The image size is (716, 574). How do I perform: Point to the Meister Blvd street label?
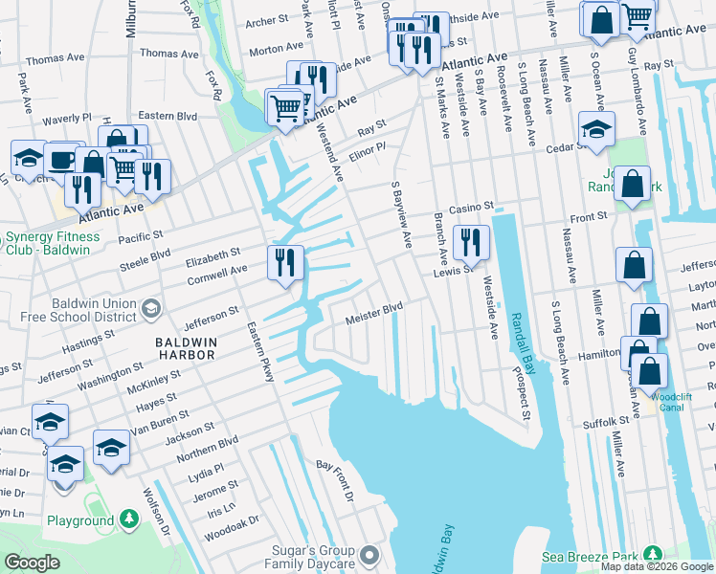point(373,312)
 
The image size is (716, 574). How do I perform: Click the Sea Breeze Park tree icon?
point(654,554)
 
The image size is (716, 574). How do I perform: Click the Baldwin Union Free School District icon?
point(150,307)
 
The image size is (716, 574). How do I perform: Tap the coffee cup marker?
point(63,160)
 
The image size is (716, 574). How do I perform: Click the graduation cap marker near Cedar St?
point(596,129)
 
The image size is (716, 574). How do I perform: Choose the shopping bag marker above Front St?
point(633,184)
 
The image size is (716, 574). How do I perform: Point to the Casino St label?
point(470,207)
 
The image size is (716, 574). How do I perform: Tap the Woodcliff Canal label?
point(678,401)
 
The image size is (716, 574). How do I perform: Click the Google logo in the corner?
point(32,563)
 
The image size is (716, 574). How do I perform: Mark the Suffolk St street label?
point(609,420)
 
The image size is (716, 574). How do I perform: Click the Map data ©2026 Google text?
point(656,566)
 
